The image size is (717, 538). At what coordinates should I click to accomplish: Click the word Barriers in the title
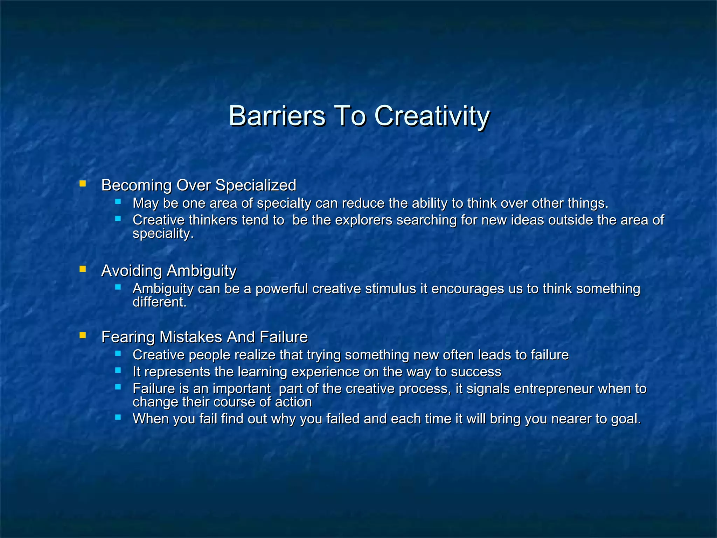pyautogui.click(x=277, y=116)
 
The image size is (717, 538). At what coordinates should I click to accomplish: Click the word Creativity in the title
pyautogui.click(x=432, y=116)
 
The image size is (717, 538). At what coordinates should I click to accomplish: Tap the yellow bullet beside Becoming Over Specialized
pyautogui.click(x=83, y=183)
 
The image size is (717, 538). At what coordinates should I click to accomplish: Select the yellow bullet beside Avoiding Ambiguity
pyautogui.click(x=83, y=269)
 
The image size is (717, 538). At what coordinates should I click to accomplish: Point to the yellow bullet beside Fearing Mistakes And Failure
pyautogui.click(x=83, y=335)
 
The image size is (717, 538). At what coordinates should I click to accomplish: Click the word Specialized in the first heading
pyautogui.click(x=256, y=185)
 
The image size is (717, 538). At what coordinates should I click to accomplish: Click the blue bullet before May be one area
pyautogui.click(x=118, y=201)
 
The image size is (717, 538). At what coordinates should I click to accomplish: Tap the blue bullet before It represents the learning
pyautogui.click(x=118, y=370)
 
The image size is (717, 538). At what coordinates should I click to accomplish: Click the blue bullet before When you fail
pyautogui.click(x=118, y=417)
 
